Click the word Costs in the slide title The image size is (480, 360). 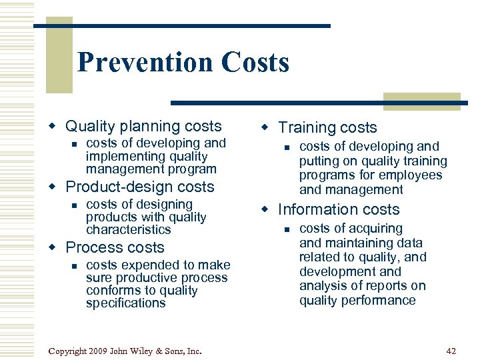pos(255,63)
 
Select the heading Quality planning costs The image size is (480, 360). pos(143,126)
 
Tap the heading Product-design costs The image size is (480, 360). pos(140,187)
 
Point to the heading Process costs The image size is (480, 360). pos(115,247)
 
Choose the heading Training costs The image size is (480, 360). pos(327,127)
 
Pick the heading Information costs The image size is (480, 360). pos(339,209)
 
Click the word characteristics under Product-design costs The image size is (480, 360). pos(129,229)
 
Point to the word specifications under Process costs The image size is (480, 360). pos(126,303)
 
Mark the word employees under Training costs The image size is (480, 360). pos(411,175)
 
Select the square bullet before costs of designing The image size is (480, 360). pos(75,205)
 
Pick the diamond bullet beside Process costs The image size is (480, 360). pos(54,247)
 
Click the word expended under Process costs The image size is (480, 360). pos(145,265)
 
